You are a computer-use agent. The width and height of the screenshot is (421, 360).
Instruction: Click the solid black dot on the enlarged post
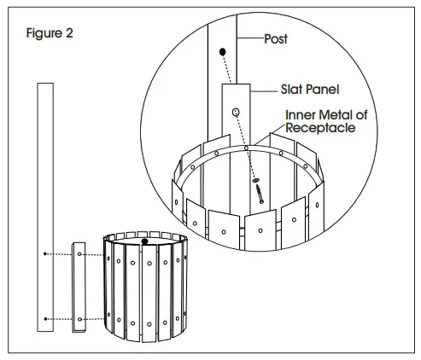(x=224, y=52)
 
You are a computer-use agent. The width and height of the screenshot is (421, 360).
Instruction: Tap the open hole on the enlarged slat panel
(x=236, y=112)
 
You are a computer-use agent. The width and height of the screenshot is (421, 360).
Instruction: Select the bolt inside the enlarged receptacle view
(x=260, y=193)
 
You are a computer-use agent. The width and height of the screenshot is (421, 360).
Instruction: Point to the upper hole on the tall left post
(x=44, y=254)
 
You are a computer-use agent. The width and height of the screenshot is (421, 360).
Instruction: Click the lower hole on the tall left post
(x=44, y=318)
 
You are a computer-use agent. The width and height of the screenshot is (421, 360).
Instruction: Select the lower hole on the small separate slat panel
(x=79, y=318)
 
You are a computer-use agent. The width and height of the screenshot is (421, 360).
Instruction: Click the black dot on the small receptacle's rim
(x=144, y=241)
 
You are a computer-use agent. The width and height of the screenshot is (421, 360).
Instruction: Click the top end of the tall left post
(x=44, y=84)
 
